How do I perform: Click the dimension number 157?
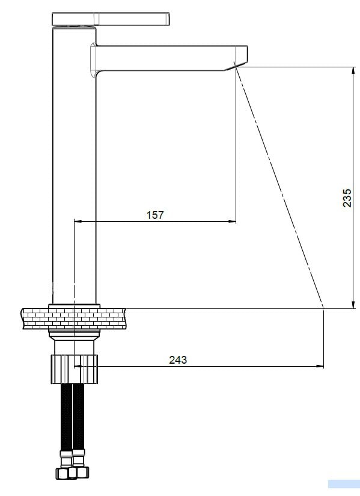pos(155,215)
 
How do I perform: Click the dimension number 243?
pos(178,360)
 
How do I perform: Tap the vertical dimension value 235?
pos(347,198)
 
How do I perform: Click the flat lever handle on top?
pos(111,19)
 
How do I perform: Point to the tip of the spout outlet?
pos(236,67)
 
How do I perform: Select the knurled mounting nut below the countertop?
pos(75,369)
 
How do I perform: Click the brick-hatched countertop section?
pos(75,319)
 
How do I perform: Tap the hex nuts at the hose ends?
pos(73,473)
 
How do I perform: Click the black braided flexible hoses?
pos(73,416)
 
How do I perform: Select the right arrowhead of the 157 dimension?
pos(233,221)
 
